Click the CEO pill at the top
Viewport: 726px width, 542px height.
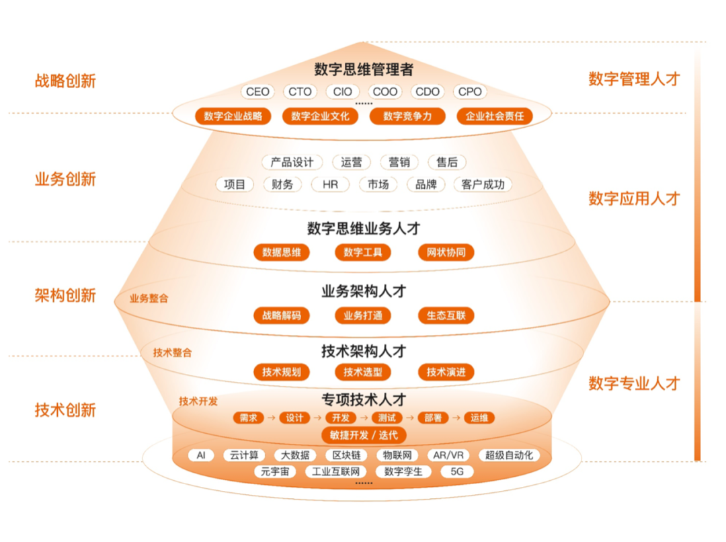(257, 92)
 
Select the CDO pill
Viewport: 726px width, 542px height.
(428, 92)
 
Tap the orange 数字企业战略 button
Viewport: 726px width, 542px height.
(233, 116)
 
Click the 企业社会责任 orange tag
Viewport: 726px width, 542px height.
(494, 116)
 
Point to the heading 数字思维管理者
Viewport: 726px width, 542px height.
(363, 69)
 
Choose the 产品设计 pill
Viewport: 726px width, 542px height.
(292, 162)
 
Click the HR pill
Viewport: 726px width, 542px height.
(330, 184)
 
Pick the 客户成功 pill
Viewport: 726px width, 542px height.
(483, 184)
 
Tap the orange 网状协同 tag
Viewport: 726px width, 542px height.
(446, 253)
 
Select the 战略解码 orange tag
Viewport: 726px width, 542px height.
(282, 315)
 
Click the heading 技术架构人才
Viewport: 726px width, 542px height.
(363, 351)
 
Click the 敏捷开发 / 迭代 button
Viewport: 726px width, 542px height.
(363, 435)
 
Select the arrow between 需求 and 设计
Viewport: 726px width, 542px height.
(271, 418)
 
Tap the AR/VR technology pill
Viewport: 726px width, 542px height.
(448, 455)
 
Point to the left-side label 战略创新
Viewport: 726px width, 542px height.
(65, 81)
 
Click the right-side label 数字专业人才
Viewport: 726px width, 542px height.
(634, 384)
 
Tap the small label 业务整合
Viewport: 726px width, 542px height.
(149, 299)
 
